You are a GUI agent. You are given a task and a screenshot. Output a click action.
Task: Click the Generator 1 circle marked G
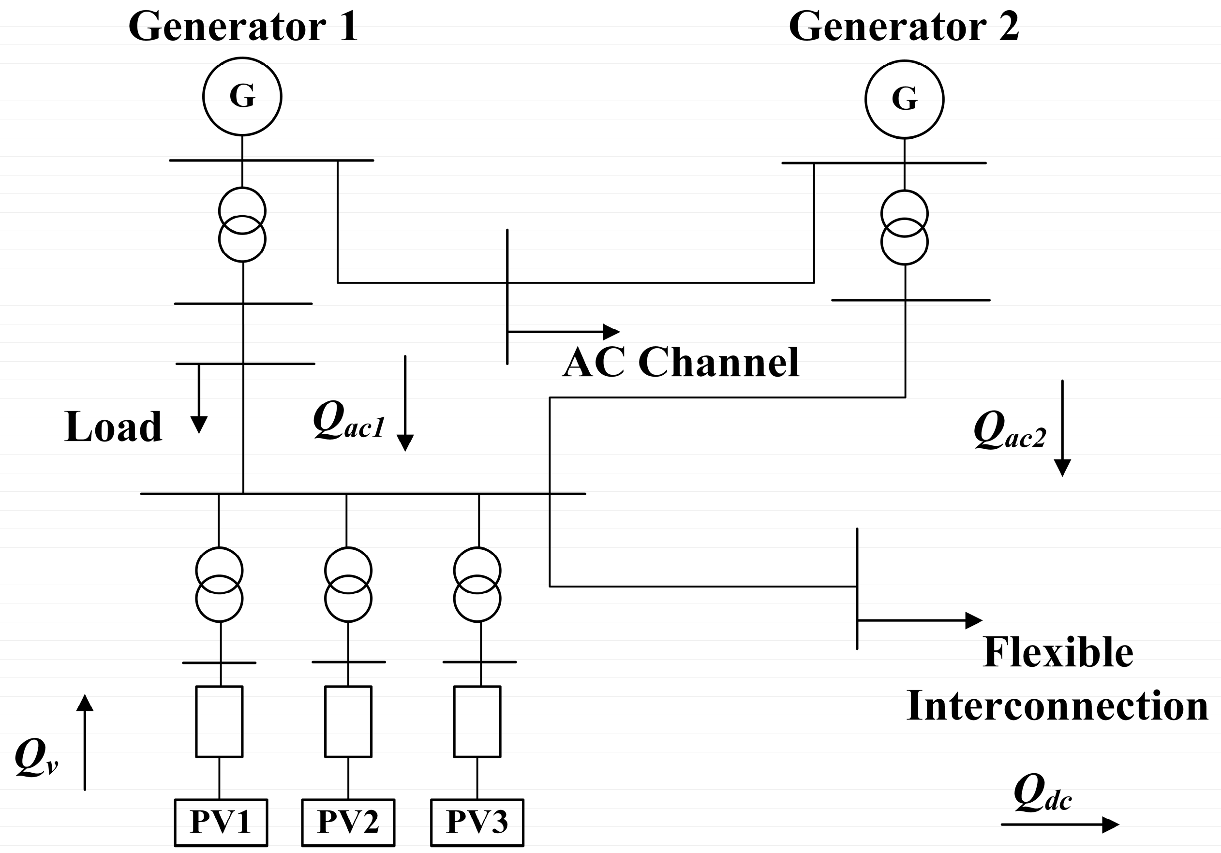(242, 96)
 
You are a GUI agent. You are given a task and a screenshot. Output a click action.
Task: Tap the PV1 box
(221, 822)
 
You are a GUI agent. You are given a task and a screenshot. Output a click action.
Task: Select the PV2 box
(348, 822)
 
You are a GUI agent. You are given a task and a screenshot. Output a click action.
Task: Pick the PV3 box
(477, 822)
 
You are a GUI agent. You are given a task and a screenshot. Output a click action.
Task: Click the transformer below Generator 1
(242, 225)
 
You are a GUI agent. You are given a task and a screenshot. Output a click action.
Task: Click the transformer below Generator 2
(904, 227)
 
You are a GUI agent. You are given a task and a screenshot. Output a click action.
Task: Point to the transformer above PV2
(348, 585)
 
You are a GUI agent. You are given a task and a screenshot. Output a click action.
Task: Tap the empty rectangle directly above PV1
(220, 721)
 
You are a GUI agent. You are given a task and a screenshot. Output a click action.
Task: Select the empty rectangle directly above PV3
(477, 721)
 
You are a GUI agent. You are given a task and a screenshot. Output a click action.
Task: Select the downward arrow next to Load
(199, 398)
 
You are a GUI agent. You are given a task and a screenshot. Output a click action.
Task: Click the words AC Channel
(680, 363)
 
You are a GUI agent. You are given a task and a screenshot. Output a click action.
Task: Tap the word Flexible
(1058, 653)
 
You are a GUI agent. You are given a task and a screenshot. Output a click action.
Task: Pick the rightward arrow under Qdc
(1059, 824)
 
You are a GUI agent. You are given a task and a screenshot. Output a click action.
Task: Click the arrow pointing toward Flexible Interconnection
(920, 620)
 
